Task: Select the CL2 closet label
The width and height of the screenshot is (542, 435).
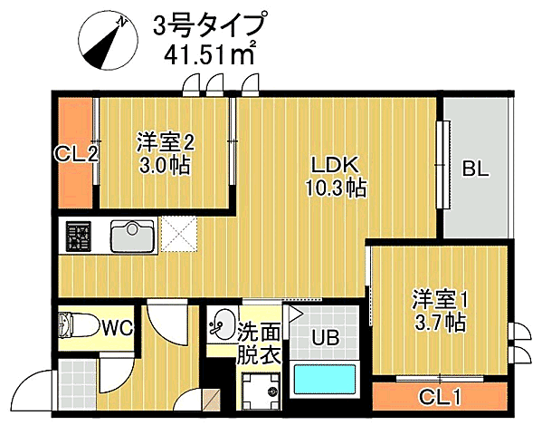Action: [x=76, y=154]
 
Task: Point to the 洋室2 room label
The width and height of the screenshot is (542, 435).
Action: [x=166, y=141]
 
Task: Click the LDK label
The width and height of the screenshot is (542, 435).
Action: [x=336, y=166]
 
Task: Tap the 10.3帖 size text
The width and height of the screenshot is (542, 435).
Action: [x=336, y=188]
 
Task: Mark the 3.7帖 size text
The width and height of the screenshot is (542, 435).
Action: [x=440, y=323]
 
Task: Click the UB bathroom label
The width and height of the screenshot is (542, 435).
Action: [x=326, y=339]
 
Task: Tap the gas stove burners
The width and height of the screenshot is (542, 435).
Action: [x=77, y=237]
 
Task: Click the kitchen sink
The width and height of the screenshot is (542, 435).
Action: [x=133, y=237]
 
